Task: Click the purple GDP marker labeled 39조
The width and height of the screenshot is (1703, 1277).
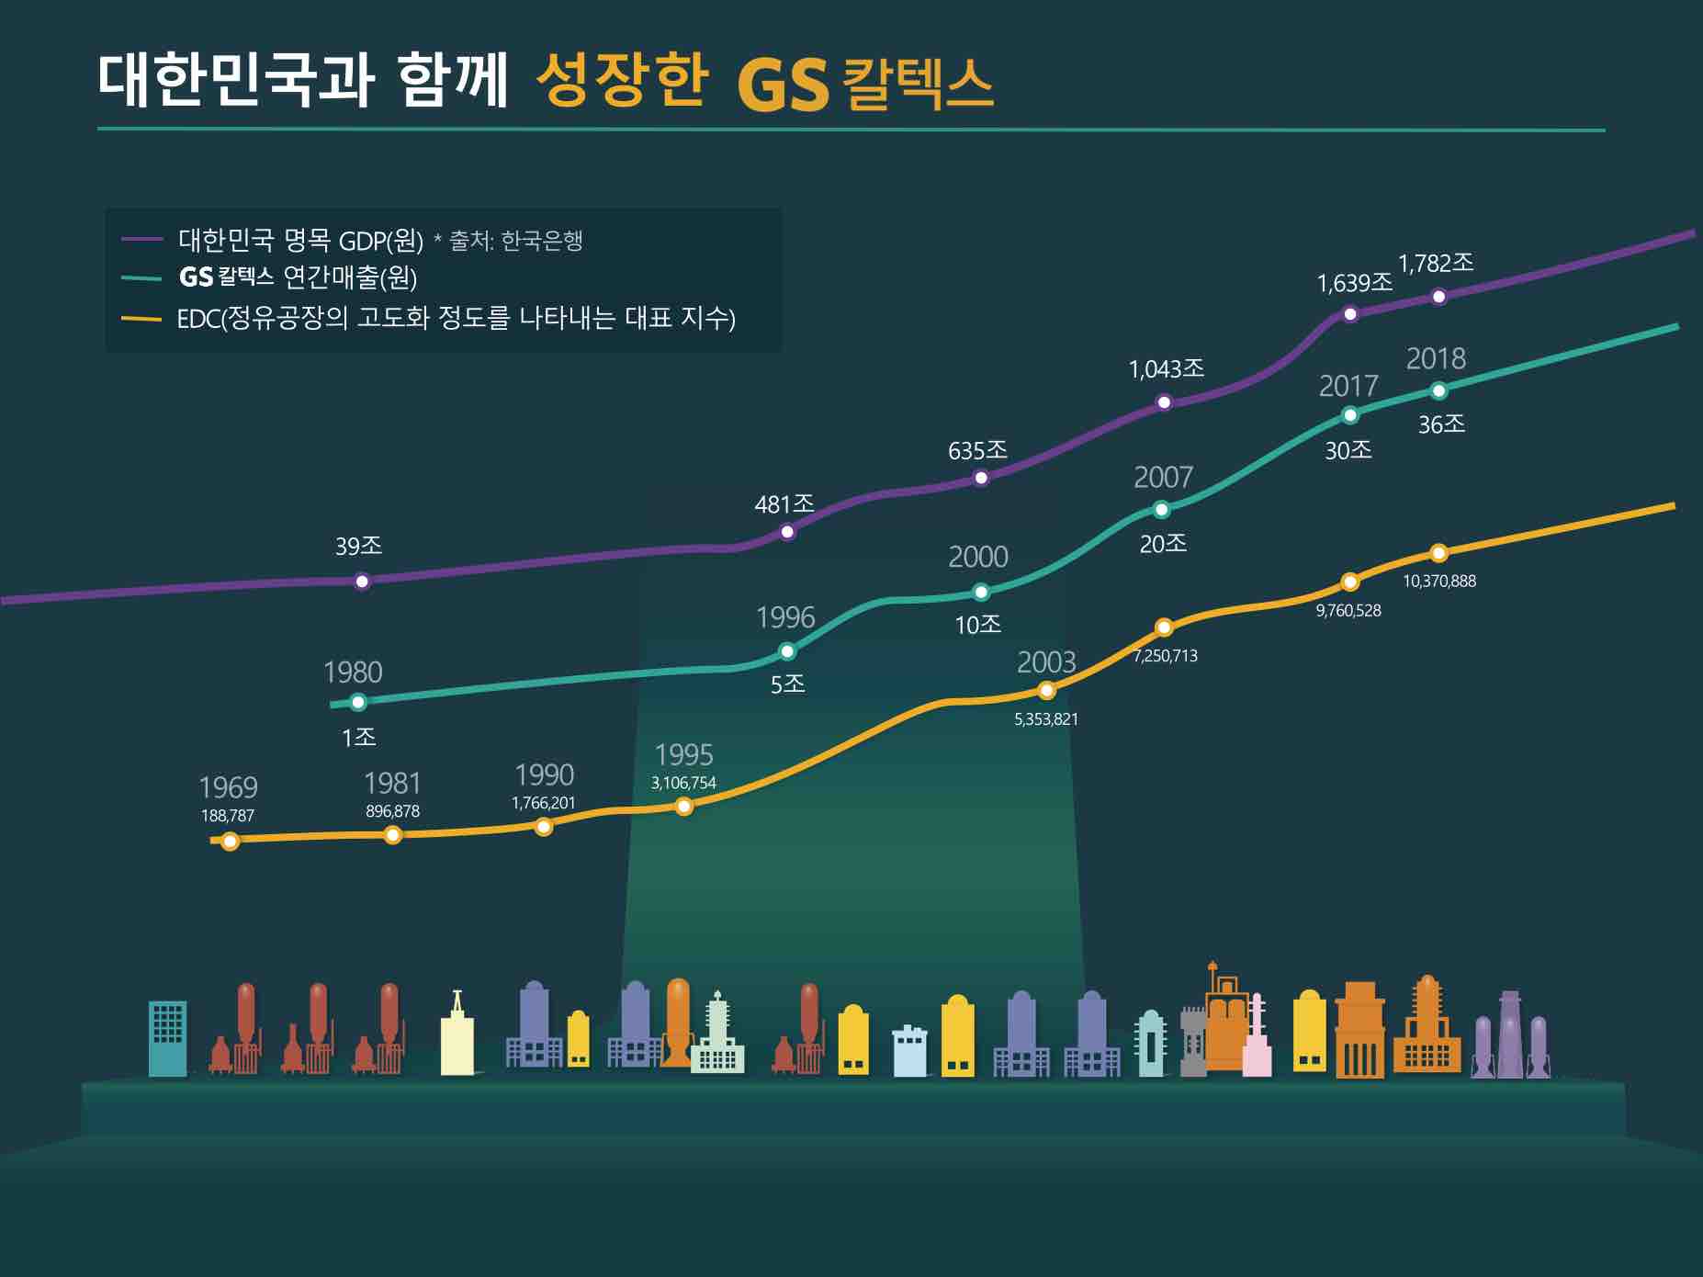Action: click(362, 581)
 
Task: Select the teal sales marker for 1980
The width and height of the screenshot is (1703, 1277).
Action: click(358, 702)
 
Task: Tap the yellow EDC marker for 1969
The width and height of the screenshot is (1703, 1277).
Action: click(231, 841)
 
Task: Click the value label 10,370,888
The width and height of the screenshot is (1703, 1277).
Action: click(1438, 581)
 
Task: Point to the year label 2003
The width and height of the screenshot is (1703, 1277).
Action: click(1046, 661)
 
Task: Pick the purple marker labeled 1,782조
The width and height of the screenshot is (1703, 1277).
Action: click(1438, 296)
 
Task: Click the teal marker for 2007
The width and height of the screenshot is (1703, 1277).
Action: click(1161, 509)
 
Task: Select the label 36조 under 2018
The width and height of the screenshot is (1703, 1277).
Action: click(1440, 424)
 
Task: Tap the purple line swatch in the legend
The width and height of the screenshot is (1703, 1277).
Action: click(141, 239)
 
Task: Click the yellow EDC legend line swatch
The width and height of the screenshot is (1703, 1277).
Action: click(141, 319)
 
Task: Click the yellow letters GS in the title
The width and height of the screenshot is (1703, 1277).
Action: click(783, 85)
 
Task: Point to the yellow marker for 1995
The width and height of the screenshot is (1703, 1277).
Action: click(683, 807)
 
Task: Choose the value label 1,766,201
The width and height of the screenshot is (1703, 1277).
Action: click(543, 802)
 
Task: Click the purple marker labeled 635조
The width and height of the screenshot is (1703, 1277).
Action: click(980, 477)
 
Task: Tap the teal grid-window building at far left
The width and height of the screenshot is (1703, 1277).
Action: click(167, 1037)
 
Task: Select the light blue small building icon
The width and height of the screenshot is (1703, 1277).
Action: click(909, 1051)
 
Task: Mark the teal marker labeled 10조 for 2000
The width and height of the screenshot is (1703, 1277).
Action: click(980, 592)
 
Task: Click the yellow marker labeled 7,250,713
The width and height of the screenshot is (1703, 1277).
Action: click(1163, 627)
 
